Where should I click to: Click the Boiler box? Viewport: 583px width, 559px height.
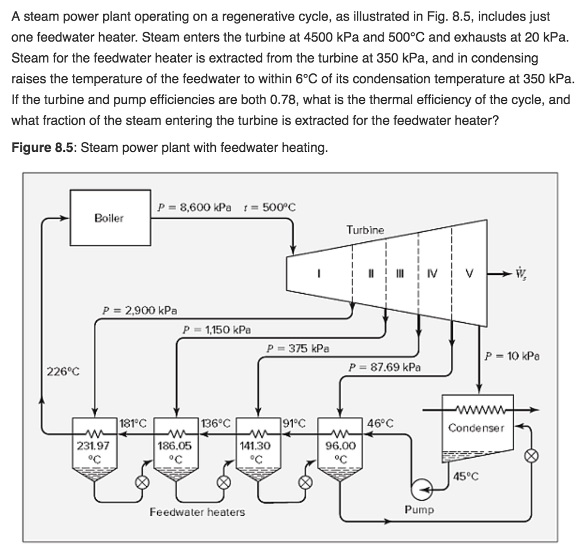[x=110, y=217]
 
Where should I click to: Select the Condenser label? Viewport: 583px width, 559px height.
[x=476, y=428]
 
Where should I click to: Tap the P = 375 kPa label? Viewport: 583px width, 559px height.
[x=297, y=348]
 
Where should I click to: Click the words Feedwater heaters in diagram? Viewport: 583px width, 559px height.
[x=197, y=512]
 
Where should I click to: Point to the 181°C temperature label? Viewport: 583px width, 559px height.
[x=135, y=423]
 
